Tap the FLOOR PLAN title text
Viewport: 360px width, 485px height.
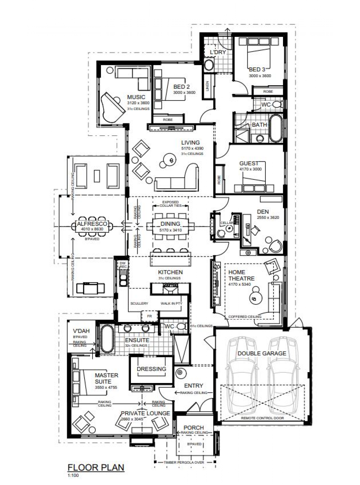(96, 467)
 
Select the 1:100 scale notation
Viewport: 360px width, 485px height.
(73, 475)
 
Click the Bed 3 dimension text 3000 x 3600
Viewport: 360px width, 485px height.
(260, 76)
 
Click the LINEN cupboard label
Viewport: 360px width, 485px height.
(207, 86)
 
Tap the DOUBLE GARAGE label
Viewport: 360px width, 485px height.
(262, 354)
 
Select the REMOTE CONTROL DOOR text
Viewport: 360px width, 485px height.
(262, 418)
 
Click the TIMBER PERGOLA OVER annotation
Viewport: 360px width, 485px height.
(184, 462)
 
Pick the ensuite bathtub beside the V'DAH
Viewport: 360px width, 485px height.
(107, 339)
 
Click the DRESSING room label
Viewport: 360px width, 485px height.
(151, 369)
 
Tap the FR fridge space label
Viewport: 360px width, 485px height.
(149, 316)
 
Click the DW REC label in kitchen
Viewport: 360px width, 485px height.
(123, 265)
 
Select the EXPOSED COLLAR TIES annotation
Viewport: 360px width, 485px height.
(170, 204)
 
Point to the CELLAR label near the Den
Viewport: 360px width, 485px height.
(226, 223)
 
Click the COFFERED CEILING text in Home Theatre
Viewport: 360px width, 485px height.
(244, 317)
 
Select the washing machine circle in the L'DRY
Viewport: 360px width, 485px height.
(209, 65)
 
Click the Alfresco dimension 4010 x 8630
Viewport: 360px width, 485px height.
(92, 229)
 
